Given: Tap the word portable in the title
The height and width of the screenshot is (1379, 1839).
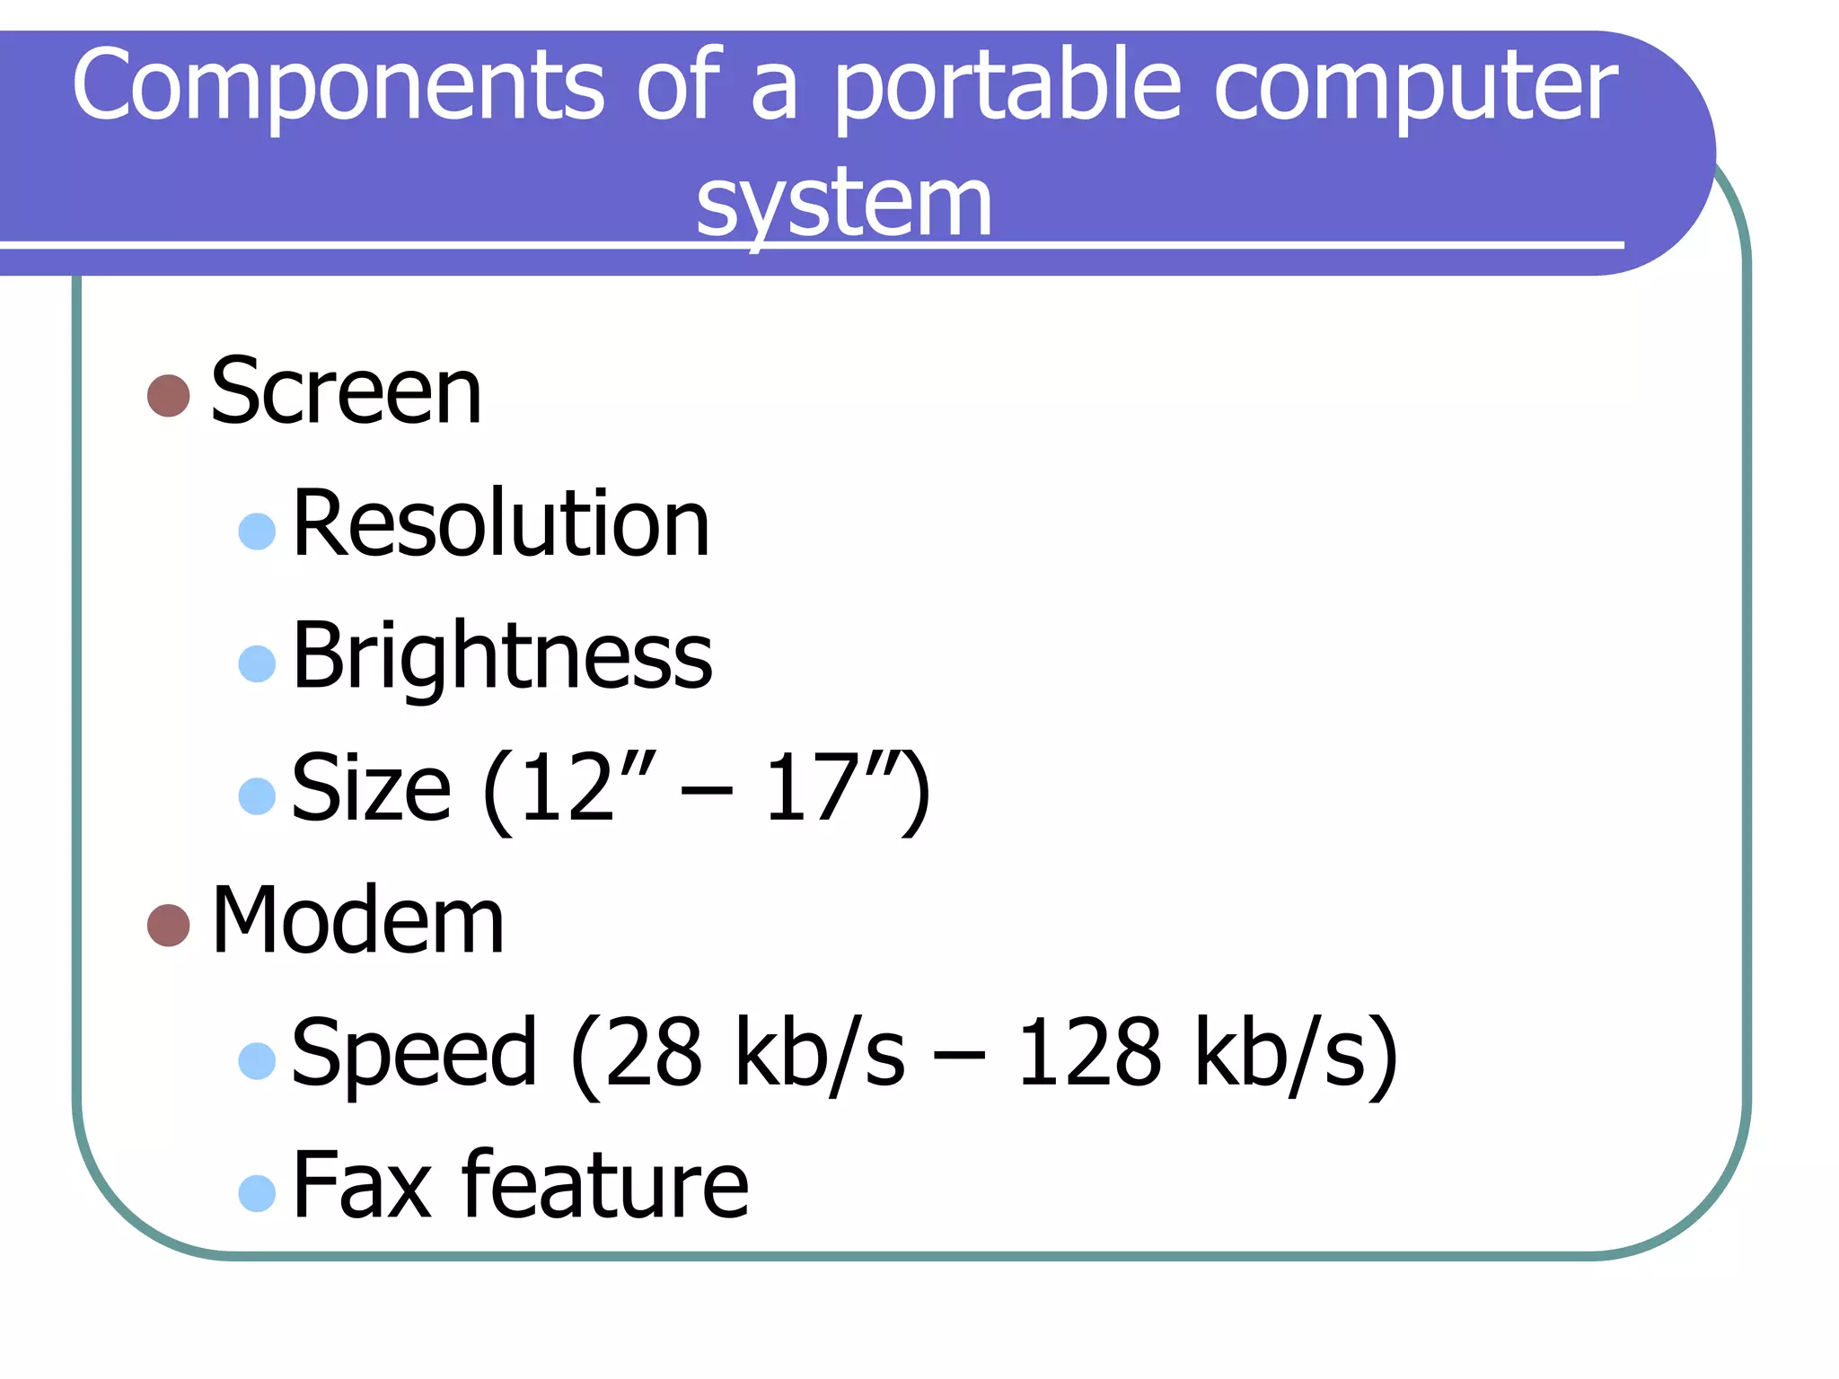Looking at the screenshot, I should (x=1007, y=90).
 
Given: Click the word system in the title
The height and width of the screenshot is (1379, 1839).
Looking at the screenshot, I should (x=844, y=204).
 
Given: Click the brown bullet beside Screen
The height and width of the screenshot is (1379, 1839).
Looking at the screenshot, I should (x=169, y=396).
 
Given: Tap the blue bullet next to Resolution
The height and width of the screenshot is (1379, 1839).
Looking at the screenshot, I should (x=257, y=531).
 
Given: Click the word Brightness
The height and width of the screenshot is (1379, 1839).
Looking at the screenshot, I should (x=502, y=657).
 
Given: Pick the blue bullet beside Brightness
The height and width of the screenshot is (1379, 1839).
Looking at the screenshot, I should (x=257, y=663).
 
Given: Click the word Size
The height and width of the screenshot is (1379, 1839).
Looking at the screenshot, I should (x=371, y=788).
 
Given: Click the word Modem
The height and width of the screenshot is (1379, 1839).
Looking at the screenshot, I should (x=357, y=920).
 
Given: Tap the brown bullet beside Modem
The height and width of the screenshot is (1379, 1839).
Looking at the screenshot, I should (x=169, y=925).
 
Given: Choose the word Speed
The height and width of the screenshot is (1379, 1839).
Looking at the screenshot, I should (x=414, y=1053).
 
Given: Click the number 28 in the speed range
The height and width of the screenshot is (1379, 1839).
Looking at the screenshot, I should (x=653, y=1053).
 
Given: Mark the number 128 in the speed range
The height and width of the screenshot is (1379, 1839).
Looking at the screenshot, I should (x=1088, y=1053).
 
